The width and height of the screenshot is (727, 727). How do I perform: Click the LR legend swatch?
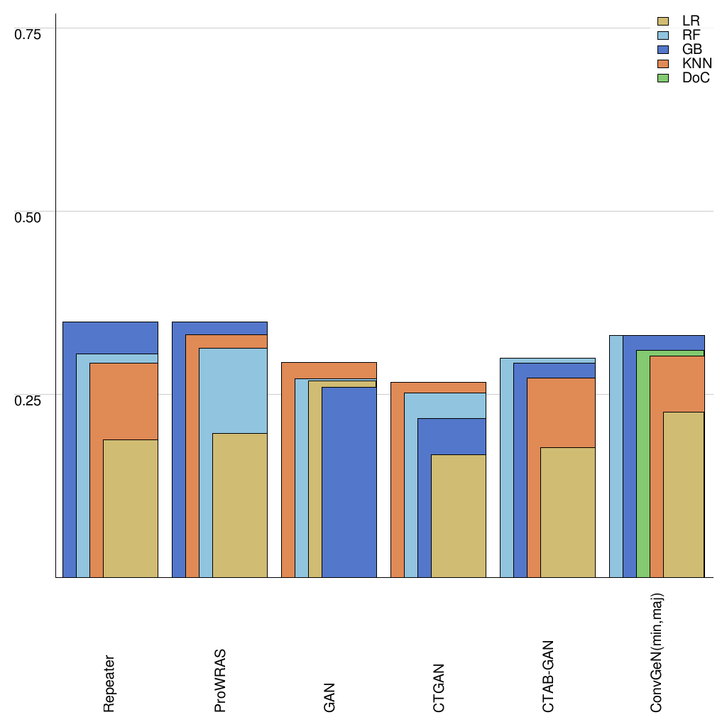click(664, 21)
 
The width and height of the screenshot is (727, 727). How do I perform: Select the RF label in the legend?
click(691, 35)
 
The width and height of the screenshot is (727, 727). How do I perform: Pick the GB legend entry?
click(692, 49)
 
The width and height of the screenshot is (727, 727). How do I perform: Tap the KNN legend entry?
click(696, 63)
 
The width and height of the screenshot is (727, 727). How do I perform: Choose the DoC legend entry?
click(696, 77)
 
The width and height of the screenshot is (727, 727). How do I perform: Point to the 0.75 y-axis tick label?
click(28, 33)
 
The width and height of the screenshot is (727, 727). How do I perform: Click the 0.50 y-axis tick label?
click(28, 217)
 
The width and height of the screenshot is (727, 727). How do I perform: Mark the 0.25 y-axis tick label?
click(28, 400)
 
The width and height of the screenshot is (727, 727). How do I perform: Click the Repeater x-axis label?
click(109, 683)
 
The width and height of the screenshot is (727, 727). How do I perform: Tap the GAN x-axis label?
click(329, 696)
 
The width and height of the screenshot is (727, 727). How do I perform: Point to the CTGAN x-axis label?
click(439, 688)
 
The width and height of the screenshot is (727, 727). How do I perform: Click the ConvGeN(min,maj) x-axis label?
click(657, 652)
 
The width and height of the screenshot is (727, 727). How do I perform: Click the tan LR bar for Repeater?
click(131, 508)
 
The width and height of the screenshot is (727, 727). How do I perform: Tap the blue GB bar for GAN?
click(349, 483)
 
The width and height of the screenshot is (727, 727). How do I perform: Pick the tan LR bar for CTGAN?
click(459, 515)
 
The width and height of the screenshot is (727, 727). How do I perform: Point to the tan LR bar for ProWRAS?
click(240, 505)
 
